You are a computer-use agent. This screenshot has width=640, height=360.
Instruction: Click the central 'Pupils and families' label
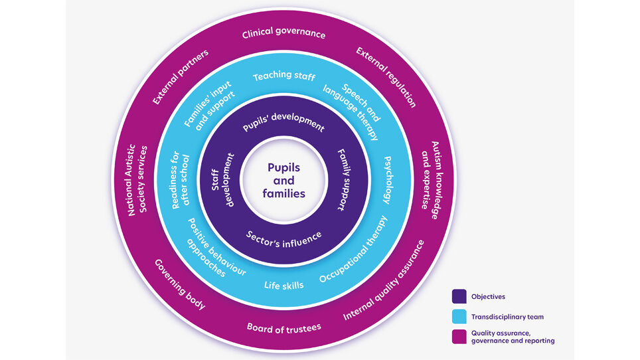283,181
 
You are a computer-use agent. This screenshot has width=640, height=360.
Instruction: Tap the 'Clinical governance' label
283,34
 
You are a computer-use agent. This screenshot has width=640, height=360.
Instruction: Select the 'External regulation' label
386,77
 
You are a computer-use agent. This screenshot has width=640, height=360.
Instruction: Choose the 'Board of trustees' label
283,327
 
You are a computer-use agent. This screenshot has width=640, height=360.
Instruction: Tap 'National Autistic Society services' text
137,181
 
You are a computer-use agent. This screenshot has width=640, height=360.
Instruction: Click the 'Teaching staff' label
283,77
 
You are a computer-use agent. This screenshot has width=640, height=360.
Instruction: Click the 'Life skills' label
283,285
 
